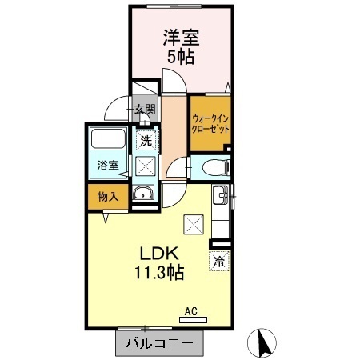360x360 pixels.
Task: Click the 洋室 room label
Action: coord(181,38)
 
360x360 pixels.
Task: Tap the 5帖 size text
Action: coord(181,56)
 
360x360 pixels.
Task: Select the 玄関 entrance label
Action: coord(144,109)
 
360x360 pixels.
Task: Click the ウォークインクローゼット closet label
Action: coord(210,123)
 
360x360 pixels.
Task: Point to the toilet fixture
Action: coord(216,167)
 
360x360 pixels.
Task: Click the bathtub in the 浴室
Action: coord(108,138)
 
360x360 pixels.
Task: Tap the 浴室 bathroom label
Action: coord(108,166)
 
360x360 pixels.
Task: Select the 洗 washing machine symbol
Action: coord(146,141)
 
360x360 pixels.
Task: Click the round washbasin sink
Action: coord(143,193)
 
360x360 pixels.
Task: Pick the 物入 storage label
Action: coord(108,197)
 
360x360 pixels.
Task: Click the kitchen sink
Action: coord(220,194)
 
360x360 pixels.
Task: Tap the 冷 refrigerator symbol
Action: coord(219,261)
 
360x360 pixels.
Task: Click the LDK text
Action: coord(159,254)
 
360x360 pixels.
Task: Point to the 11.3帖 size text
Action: coord(159,272)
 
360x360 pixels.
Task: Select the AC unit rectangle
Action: coord(193,320)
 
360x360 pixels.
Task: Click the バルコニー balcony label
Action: coord(159,343)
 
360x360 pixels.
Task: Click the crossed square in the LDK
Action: coord(194,225)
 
